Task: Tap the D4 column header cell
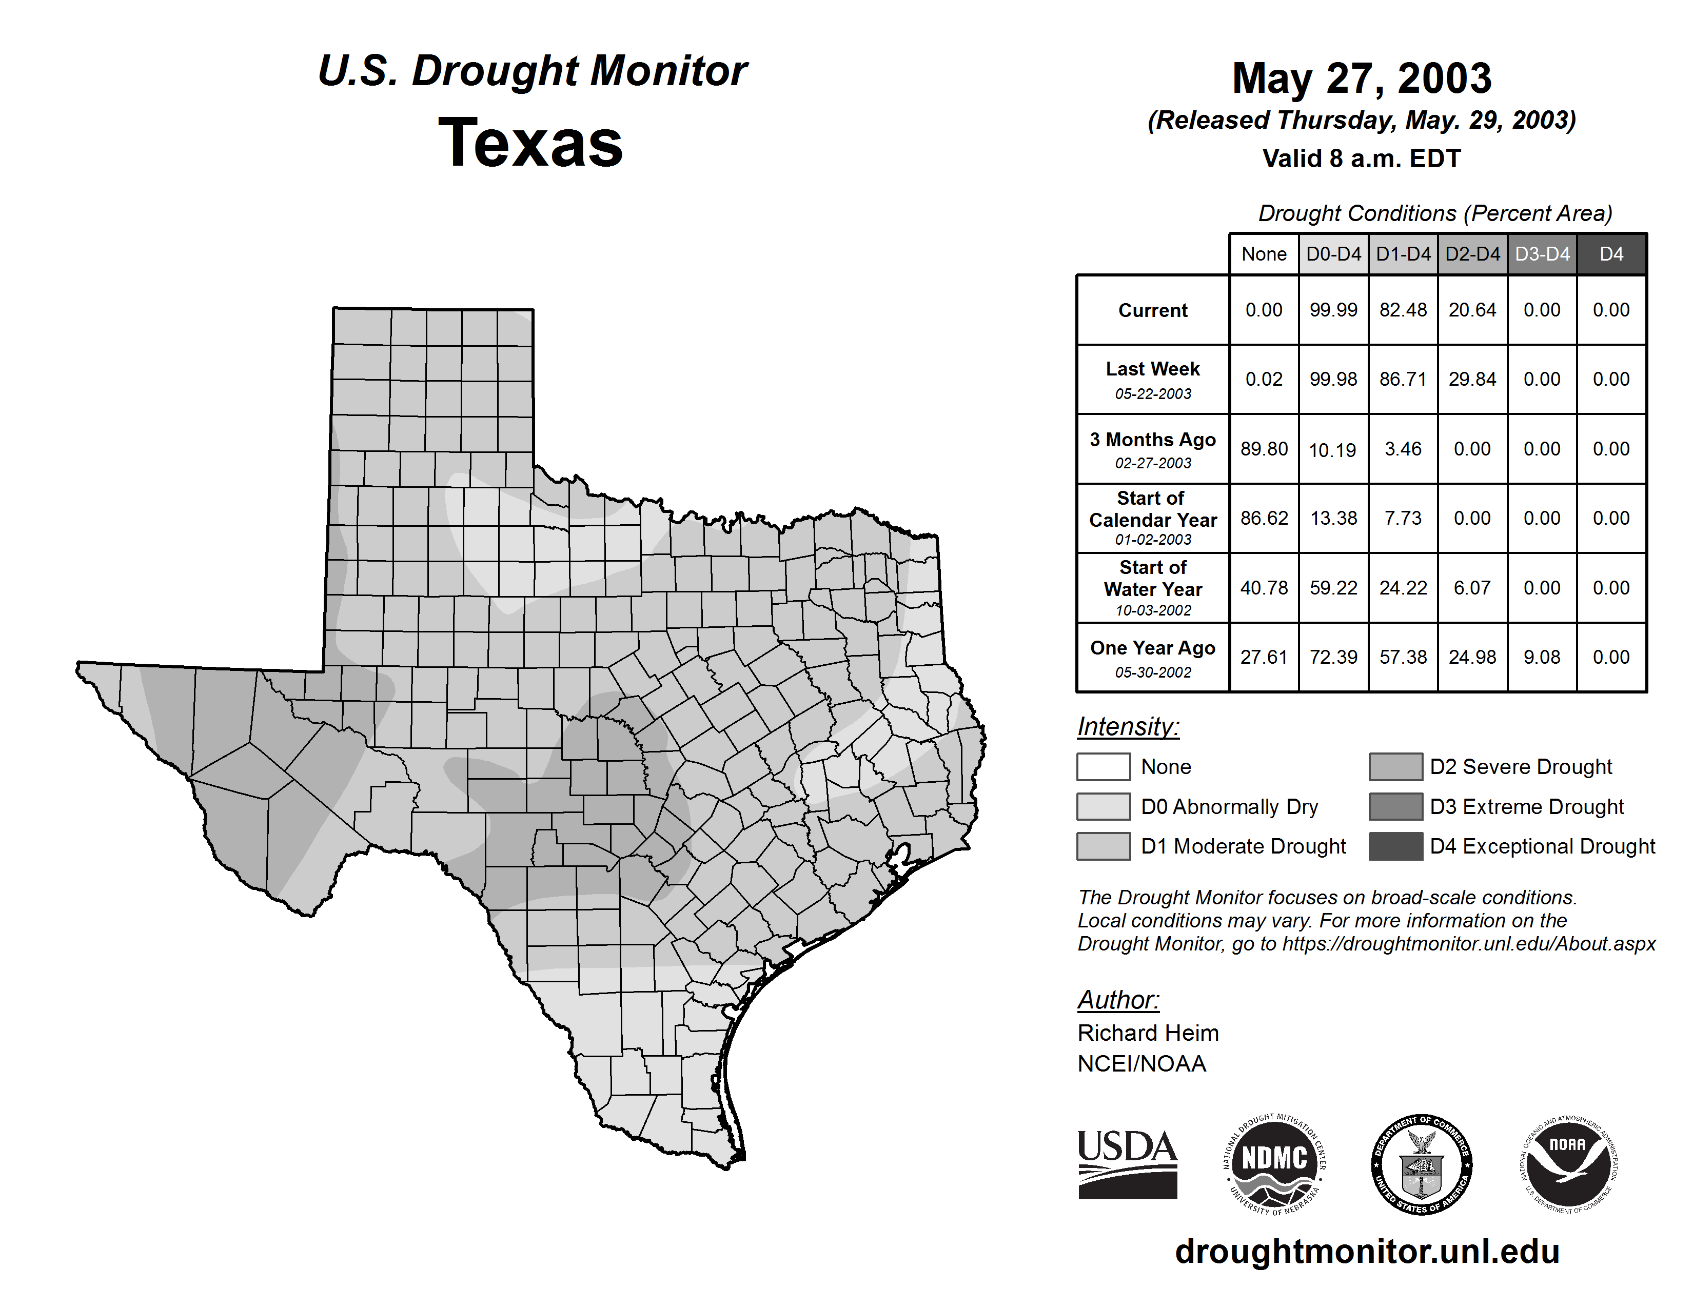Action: click(1611, 254)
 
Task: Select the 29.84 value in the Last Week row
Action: click(1472, 380)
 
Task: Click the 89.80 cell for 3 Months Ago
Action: click(1264, 449)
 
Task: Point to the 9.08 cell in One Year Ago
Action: click(1541, 657)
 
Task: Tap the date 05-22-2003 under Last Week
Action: click(1153, 393)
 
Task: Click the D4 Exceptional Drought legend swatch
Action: click(1395, 846)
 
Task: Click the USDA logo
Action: click(1127, 1164)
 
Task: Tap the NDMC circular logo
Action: click(1274, 1164)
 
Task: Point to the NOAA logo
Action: click(1567, 1164)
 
